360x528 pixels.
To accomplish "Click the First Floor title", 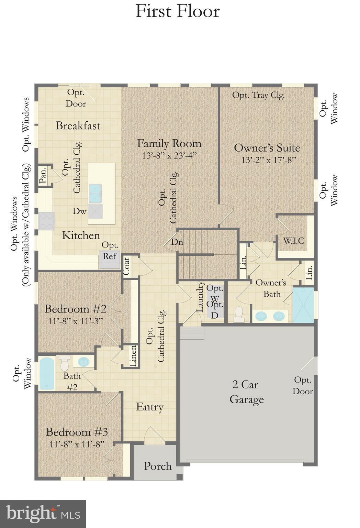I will [177, 11].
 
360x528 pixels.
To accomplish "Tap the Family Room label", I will [169, 143].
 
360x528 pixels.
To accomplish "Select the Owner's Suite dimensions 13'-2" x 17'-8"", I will [268, 160].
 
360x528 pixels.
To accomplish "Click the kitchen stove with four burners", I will [46, 221].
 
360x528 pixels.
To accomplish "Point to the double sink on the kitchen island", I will [95, 194].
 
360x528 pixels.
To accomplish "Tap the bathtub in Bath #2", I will [47, 373].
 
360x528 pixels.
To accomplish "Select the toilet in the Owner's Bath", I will [238, 314].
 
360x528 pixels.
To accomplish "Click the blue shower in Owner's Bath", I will [303, 305].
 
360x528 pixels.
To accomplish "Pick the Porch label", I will [158, 466].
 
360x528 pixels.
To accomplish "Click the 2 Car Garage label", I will [246, 392].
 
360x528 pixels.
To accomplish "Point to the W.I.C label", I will [293, 240].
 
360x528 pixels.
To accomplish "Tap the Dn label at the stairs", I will [177, 242].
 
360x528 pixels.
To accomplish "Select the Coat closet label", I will [126, 266].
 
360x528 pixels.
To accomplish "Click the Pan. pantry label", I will [43, 176].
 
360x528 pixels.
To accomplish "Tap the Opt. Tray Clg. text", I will [258, 95].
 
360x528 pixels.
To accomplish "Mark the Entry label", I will [149, 407].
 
